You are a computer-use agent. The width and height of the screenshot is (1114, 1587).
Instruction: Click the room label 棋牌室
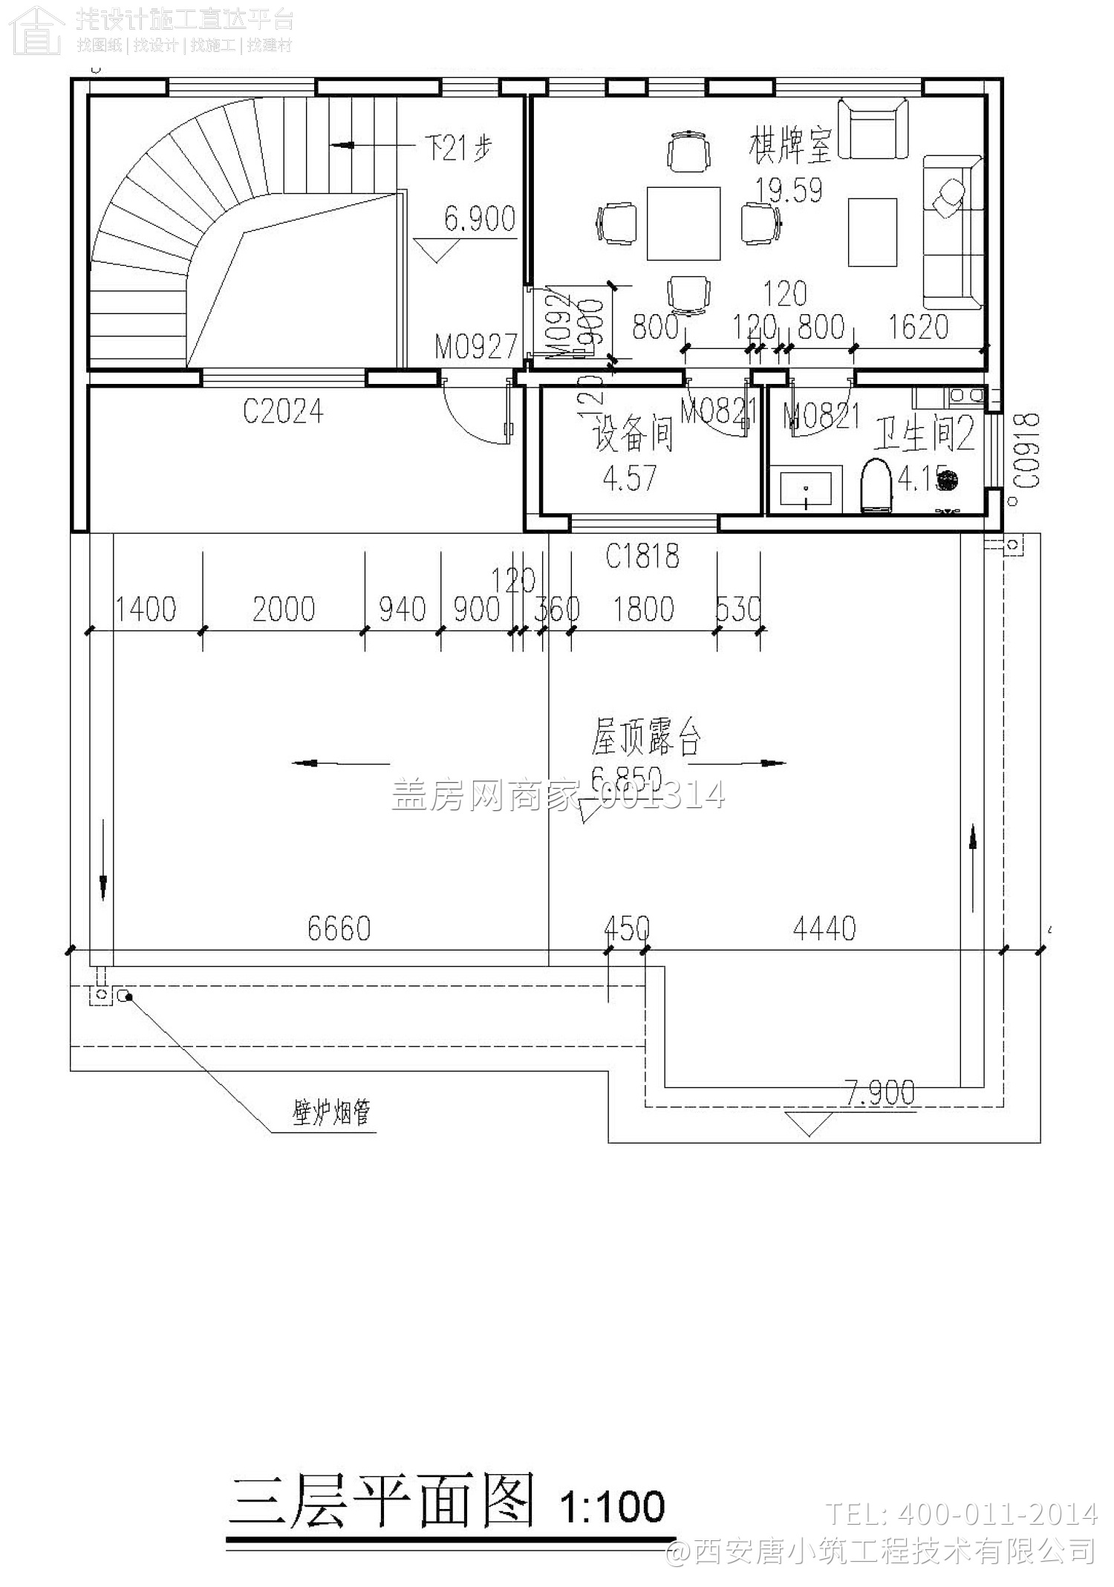(789, 146)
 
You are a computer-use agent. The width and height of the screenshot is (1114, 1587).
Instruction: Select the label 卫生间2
(923, 434)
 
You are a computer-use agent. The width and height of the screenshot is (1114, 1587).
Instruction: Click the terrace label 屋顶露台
(645, 737)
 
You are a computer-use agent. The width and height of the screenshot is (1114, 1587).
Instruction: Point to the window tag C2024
(283, 411)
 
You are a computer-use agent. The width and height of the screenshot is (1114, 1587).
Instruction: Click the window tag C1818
(642, 555)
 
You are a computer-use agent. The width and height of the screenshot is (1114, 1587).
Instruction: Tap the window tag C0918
(1029, 451)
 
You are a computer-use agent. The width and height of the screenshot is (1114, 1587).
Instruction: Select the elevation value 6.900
(479, 219)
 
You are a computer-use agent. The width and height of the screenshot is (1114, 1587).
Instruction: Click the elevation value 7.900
(880, 1092)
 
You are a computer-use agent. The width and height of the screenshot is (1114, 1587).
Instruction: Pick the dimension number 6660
(339, 928)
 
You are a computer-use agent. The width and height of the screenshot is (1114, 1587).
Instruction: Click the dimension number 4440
(824, 928)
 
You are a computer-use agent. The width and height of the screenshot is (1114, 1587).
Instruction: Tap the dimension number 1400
(146, 610)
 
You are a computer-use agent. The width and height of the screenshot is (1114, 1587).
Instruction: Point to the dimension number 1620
(918, 327)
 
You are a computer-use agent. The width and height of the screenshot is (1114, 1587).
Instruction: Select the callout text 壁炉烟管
(331, 1112)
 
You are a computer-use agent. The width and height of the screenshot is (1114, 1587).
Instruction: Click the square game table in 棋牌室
(683, 224)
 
